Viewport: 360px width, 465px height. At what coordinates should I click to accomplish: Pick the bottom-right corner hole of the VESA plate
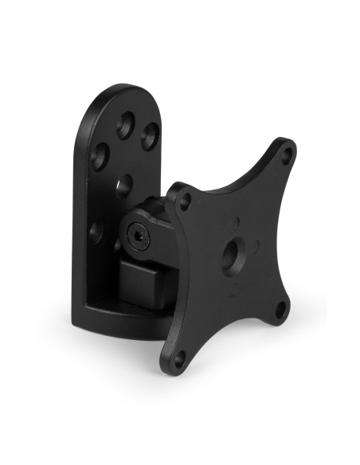[x=280, y=310]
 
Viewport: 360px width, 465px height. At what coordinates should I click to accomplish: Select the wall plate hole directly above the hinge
[x=123, y=186]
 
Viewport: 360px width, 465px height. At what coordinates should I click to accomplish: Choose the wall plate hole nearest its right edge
[x=150, y=137]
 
